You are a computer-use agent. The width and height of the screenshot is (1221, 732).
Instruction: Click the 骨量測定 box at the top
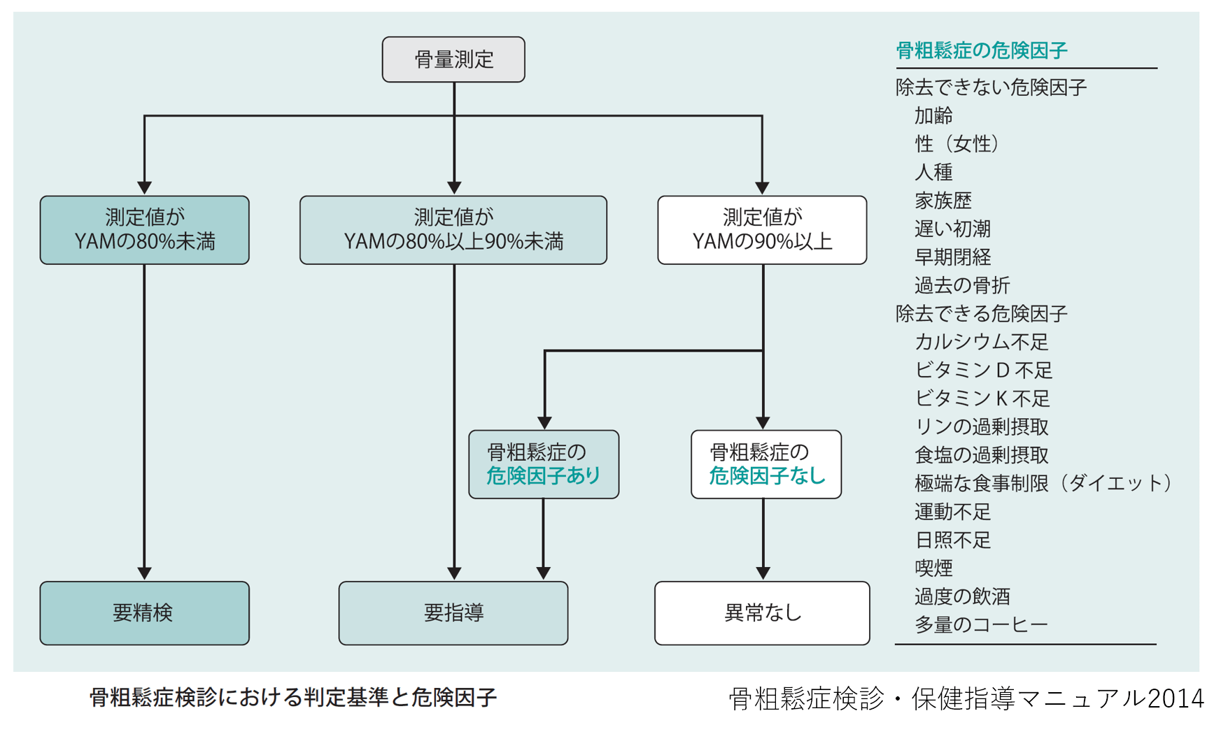tap(453, 59)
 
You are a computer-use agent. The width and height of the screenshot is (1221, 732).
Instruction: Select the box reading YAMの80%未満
tap(144, 230)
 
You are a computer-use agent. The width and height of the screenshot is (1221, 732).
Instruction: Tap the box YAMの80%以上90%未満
tap(453, 230)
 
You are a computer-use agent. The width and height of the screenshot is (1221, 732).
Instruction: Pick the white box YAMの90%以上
tap(762, 230)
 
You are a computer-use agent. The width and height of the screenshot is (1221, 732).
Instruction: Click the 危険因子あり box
tap(543, 464)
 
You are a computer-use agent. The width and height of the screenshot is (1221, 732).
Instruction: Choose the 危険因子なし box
tap(765, 464)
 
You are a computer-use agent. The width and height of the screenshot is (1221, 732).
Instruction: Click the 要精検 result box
tap(144, 612)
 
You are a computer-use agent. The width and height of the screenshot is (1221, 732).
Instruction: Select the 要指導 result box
tap(453, 612)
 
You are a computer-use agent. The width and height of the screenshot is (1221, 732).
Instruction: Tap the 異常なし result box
tap(762, 612)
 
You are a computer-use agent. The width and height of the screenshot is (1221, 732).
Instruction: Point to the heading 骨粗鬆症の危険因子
tap(981, 50)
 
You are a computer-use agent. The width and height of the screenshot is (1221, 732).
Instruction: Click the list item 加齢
tap(933, 115)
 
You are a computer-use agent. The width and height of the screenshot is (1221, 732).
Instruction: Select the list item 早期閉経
tap(952, 257)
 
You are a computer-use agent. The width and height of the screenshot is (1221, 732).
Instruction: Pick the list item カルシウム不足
tap(981, 342)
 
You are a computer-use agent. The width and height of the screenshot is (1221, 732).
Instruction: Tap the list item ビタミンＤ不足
tap(983, 370)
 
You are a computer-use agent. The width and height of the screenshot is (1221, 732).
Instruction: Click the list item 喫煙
tap(933, 568)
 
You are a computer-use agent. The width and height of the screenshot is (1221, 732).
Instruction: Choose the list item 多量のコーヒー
tap(981, 624)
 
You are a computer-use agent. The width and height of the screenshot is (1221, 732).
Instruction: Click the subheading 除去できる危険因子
tap(981, 313)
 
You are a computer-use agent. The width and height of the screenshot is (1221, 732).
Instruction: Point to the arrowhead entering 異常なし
tap(763, 573)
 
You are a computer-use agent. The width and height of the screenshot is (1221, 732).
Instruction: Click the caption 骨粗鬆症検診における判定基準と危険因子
tap(292, 697)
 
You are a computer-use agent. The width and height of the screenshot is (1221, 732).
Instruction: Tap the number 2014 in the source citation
tap(1176, 698)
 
